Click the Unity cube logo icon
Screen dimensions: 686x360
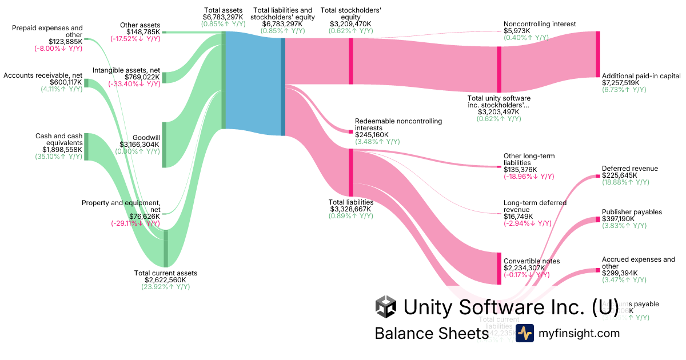386,307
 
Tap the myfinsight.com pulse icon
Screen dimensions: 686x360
524,333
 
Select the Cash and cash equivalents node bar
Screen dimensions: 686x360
86,147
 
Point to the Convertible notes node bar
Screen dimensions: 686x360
499,268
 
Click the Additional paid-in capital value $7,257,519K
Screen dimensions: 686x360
621,83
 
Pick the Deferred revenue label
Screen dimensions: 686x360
629,169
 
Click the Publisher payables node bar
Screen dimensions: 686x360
598,219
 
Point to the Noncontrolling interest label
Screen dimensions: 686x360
540,24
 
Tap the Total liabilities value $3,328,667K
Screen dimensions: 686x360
350,209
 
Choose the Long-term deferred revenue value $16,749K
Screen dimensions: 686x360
518,217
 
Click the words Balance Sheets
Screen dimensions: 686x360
431,333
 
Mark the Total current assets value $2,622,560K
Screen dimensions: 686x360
165,280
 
